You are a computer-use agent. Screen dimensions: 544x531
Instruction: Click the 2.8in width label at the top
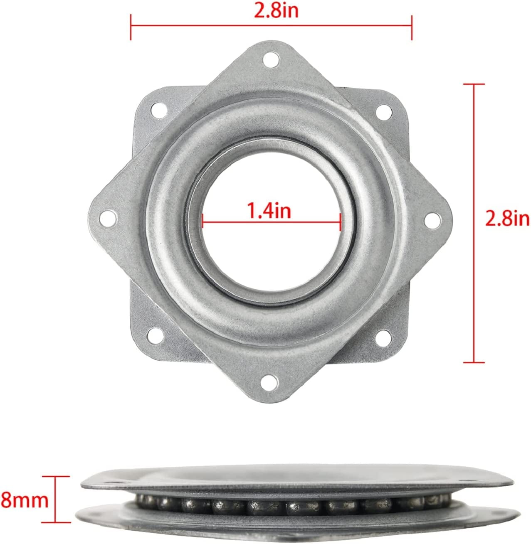(271, 11)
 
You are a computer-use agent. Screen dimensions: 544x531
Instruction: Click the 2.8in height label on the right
(507, 219)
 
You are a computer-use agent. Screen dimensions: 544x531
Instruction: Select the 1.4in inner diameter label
(269, 212)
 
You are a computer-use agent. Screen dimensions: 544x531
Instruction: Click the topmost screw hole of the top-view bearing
(272, 59)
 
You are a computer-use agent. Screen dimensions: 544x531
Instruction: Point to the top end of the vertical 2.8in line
(474, 84)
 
